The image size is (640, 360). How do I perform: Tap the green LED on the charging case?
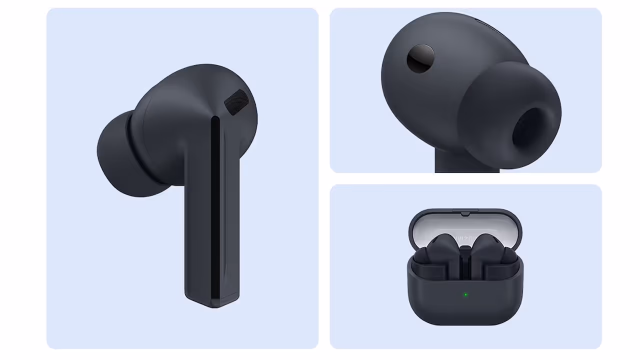point(465,295)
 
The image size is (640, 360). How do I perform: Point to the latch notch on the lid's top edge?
point(465,213)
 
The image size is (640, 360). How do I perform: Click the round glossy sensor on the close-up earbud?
point(420,58)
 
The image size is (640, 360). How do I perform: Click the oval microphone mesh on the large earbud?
point(236,102)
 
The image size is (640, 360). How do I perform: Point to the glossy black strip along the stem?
point(215,210)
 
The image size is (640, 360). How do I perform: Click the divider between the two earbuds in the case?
point(465,265)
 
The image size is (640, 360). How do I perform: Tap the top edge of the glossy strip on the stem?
point(215,119)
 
